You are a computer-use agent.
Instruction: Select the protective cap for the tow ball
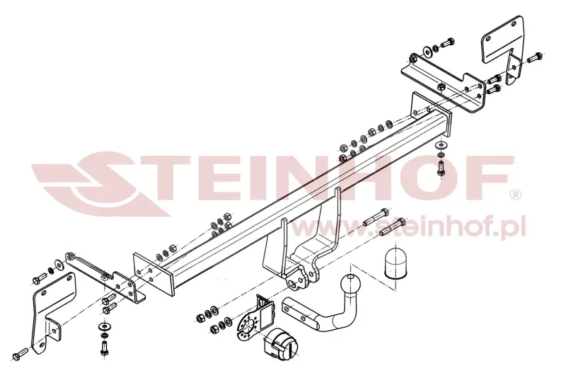395,264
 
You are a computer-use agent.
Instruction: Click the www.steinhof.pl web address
410,226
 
